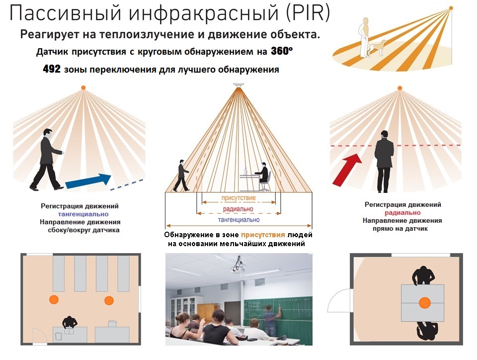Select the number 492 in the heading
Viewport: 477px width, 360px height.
coord(52,69)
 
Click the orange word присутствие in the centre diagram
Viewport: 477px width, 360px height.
coord(238,198)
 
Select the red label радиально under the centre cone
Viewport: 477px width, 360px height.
coord(238,209)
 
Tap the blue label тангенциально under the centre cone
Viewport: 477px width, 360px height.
coord(238,220)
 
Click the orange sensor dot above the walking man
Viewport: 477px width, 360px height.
coord(83,88)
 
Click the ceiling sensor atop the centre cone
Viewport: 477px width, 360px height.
coord(238,88)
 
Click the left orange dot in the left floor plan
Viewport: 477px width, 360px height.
coord(52,299)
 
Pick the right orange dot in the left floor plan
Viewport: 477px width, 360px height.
coord(109,300)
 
